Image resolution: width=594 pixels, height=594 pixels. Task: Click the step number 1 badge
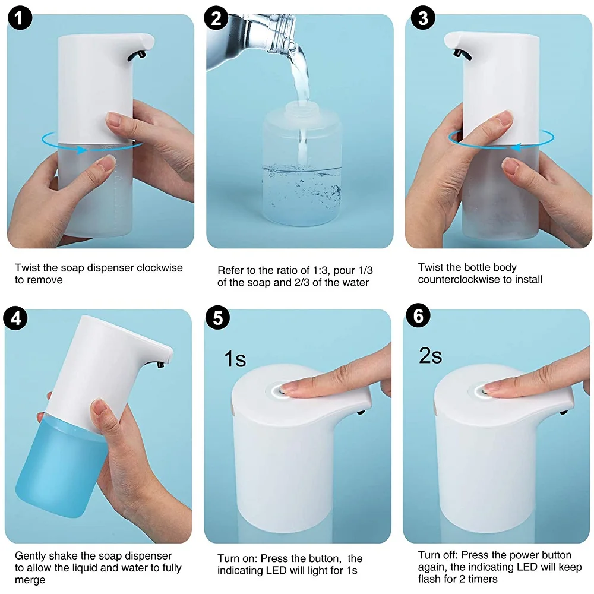point(20,18)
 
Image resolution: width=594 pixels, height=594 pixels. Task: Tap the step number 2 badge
point(216,18)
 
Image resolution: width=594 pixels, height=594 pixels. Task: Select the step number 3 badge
point(423,18)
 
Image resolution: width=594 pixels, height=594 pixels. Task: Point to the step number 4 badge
point(15,318)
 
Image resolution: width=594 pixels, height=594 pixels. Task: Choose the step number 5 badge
point(217,317)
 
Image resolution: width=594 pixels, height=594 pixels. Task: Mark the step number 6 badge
point(418,315)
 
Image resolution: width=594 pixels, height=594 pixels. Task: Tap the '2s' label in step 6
point(430,356)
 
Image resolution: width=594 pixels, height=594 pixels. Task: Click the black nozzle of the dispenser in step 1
point(137,55)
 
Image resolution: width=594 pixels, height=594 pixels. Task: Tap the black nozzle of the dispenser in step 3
point(462,54)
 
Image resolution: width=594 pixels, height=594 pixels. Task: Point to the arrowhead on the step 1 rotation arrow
point(81,150)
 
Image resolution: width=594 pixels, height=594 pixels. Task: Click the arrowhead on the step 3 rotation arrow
point(516,147)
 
